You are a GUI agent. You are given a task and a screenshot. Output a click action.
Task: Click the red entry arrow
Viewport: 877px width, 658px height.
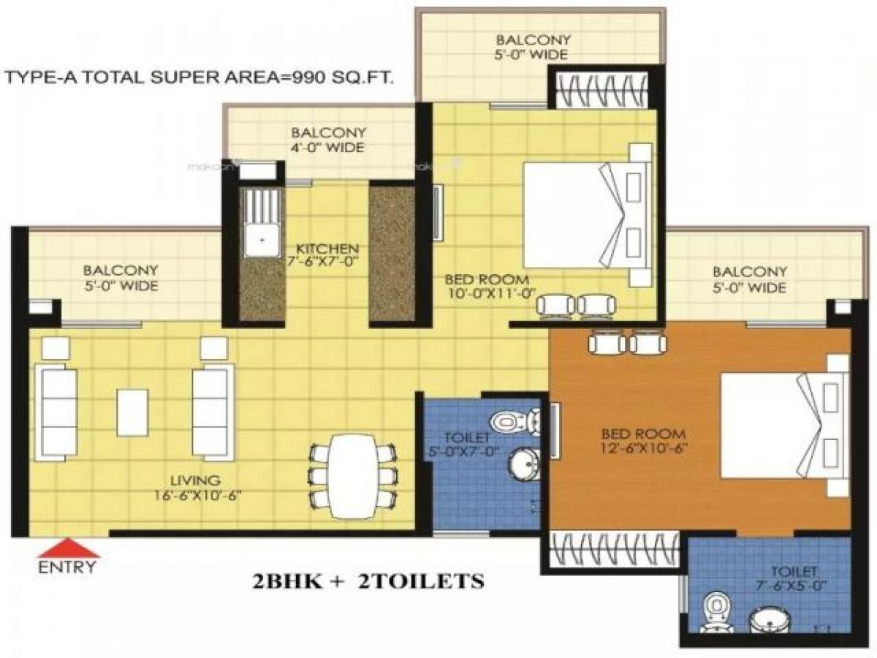click(x=68, y=548)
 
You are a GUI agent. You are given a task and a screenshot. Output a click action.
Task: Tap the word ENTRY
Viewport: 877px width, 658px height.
click(x=67, y=567)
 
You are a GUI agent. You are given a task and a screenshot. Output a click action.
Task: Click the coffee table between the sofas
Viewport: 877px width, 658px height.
click(x=132, y=412)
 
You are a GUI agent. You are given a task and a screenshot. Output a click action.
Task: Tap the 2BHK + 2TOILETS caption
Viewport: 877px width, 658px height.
click(x=368, y=582)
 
